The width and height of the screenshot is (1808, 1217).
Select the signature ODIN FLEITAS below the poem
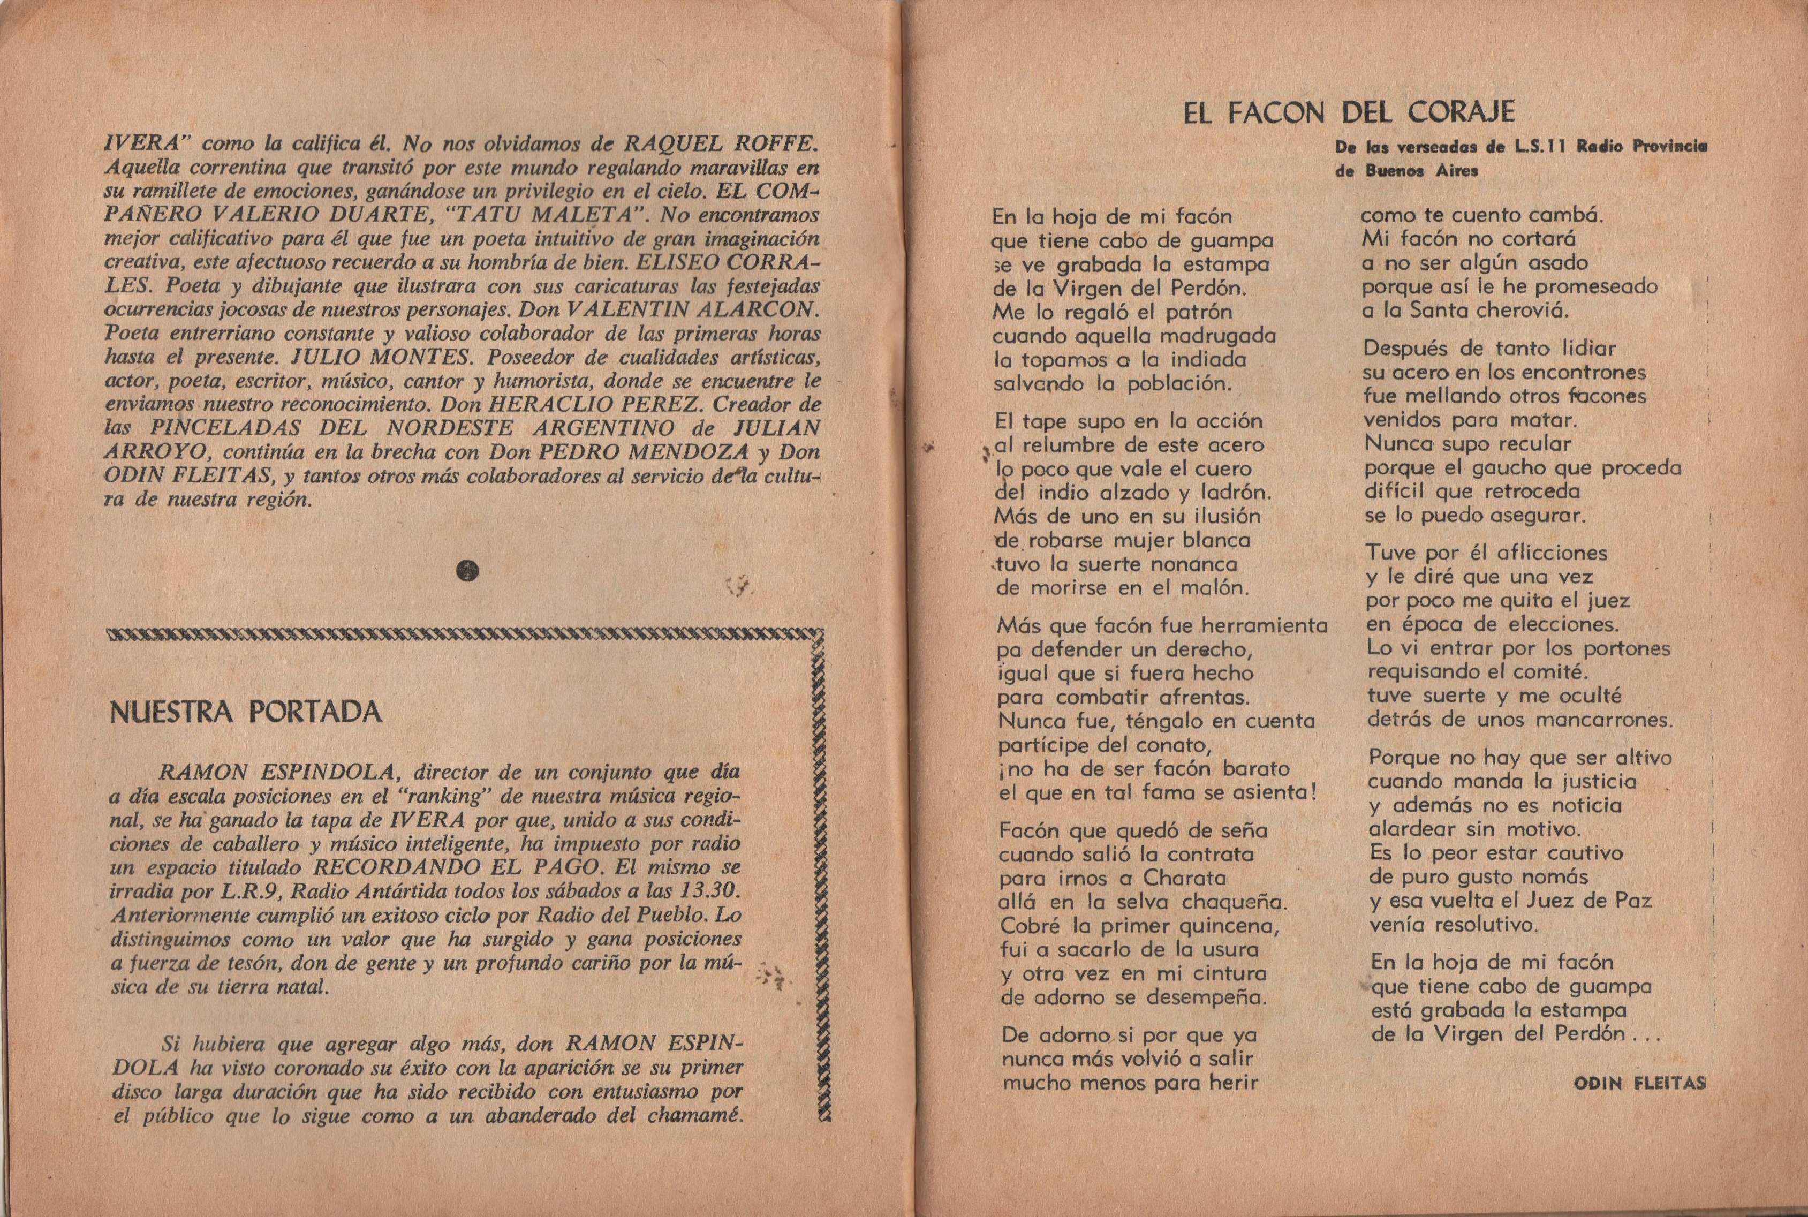[x=1639, y=1084]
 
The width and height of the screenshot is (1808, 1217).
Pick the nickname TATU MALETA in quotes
[x=558, y=214]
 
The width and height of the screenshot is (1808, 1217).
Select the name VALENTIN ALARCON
[x=691, y=309]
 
